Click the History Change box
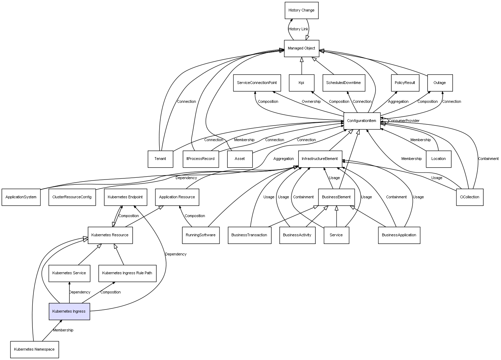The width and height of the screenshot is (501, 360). (301, 10)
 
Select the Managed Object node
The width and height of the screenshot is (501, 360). (301, 48)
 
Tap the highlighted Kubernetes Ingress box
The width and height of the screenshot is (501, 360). (69, 312)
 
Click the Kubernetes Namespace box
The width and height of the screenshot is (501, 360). (34, 350)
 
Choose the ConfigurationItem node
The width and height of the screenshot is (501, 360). (362, 121)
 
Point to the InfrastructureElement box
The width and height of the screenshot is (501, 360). (320, 159)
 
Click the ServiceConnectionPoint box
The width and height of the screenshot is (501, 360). (257, 83)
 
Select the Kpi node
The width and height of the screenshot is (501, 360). (301, 83)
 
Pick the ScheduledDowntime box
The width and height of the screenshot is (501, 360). (344, 83)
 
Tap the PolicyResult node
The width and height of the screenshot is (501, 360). (405, 83)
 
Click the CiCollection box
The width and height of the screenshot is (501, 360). (470, 197)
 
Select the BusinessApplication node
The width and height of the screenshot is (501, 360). (399, 235)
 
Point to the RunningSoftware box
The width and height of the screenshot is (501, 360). (201, 235)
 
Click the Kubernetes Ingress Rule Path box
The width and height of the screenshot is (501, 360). (127, 274)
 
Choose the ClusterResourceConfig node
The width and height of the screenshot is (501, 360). (72, 197)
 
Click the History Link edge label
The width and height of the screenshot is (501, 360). (298, 29)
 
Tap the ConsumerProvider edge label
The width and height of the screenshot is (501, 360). (404, 121)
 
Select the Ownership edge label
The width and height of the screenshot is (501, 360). (311, 101)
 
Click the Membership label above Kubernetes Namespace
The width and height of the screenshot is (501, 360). (63, 330)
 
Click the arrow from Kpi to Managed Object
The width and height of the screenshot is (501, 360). (301, 66)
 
